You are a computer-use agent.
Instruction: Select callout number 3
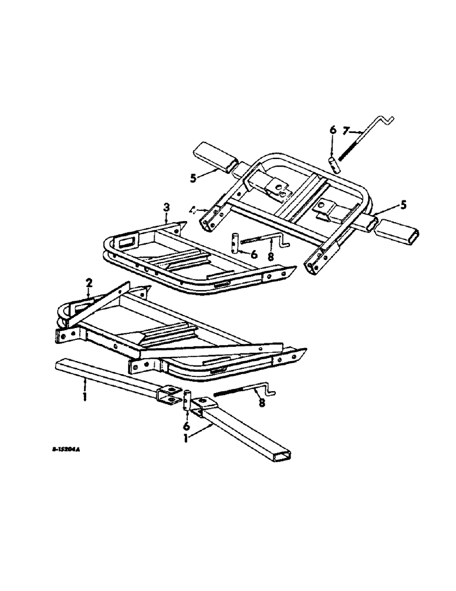[167, 207]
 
